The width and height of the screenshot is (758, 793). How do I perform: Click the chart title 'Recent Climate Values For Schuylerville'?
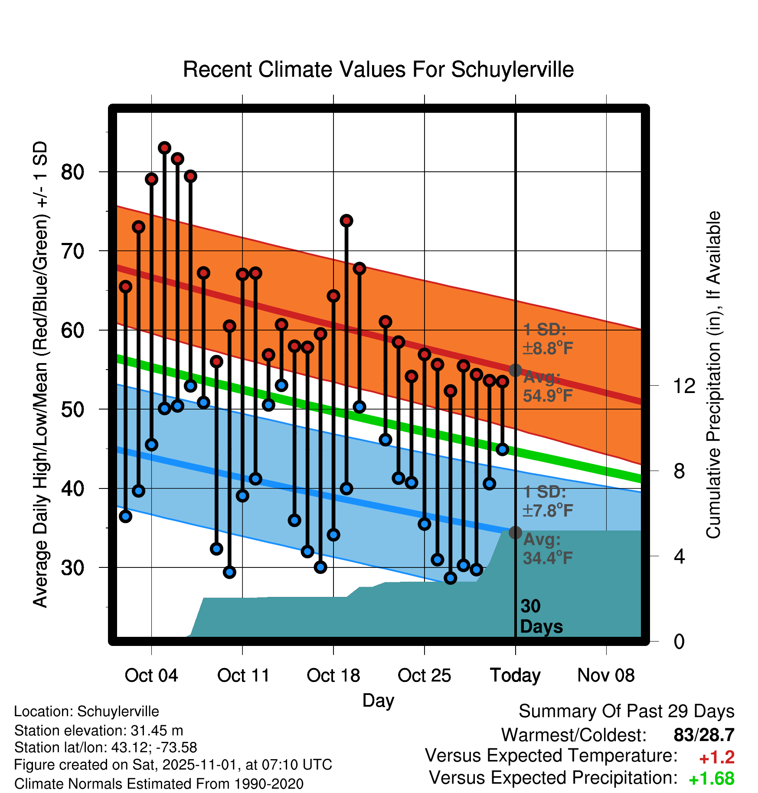(378, 69)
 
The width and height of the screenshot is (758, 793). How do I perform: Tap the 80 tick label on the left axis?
(72, 172)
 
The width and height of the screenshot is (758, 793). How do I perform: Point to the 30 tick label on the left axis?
(72, 568)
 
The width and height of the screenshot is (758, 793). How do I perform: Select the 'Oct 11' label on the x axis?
(243, 675)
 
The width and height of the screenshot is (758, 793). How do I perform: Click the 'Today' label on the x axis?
(515, 675)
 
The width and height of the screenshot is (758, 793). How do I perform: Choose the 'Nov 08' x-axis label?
(606, 675)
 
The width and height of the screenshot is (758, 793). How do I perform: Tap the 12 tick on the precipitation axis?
(684, 386)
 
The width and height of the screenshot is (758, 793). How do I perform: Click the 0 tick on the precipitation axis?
(679, 642)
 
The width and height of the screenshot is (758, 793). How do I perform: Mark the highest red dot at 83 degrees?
(164, 148)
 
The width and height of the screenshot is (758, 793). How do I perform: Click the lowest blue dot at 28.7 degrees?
(451, 578)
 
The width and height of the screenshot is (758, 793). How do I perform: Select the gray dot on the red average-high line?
(515, 370)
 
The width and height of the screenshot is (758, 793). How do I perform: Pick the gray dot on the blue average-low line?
(515, 532)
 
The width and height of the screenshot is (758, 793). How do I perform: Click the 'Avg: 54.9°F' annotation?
(547, 387)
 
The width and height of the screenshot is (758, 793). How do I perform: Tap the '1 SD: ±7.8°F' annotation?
(547, 501)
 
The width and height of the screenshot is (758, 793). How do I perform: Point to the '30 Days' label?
(541, 616)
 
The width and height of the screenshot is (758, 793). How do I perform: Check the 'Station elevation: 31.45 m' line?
(98, 731)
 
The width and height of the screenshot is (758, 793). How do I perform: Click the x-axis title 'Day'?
(378, 700)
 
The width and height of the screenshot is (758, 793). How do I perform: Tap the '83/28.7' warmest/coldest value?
(704, 735)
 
